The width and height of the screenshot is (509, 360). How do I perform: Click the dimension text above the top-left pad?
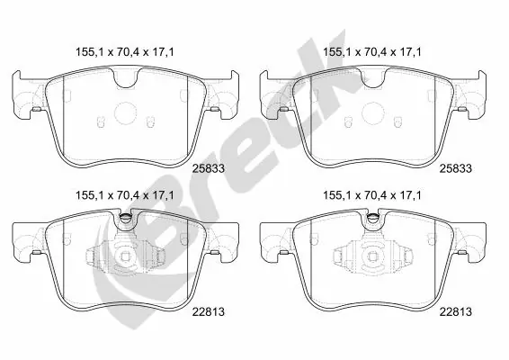(x=124, y=52)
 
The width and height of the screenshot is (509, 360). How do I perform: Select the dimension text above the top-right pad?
(x=374, y=52)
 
